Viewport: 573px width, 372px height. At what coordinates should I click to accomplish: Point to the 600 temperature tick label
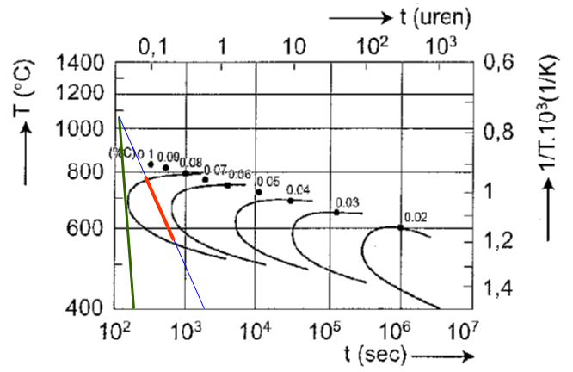89,228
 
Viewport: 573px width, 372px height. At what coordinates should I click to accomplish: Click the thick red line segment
160,208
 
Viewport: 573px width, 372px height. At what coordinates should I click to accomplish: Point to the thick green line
126,215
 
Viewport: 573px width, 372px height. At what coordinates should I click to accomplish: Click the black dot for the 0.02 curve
400,227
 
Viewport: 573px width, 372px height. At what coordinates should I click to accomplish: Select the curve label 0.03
347,202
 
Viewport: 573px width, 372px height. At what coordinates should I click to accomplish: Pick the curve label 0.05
268,181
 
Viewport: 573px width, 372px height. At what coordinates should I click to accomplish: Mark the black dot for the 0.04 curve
290,201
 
